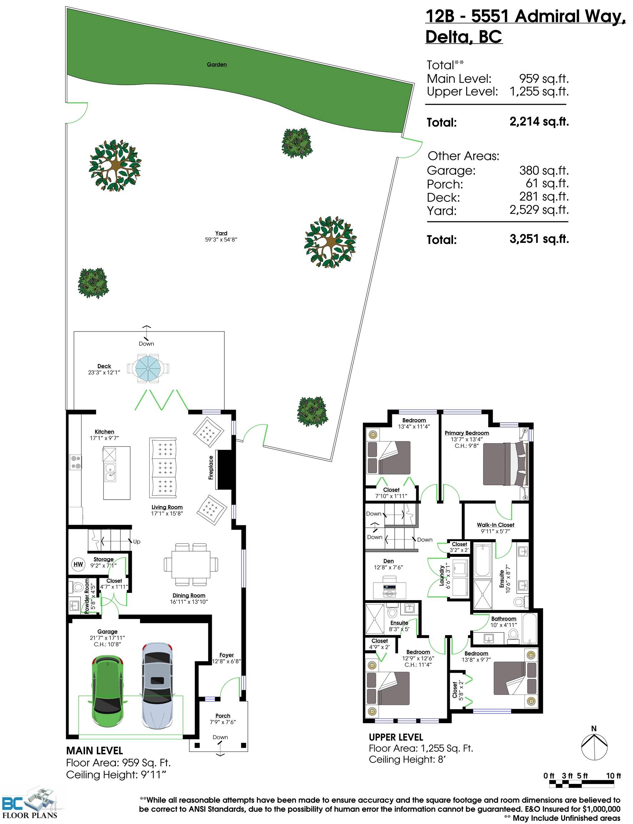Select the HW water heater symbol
(x=78, y=564)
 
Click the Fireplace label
(x=211, y=468)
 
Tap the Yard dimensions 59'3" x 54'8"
(x=221, y=240)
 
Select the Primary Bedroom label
(x=467, y=433)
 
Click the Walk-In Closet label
(x=495, y=525)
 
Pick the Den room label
(x=388, y=561)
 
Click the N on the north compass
(x=594, y=729)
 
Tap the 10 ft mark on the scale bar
(x=613, y=776)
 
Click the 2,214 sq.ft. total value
(x=539, y=122)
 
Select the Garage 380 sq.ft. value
(x=544, y=171)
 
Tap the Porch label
(x=223, y=715)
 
